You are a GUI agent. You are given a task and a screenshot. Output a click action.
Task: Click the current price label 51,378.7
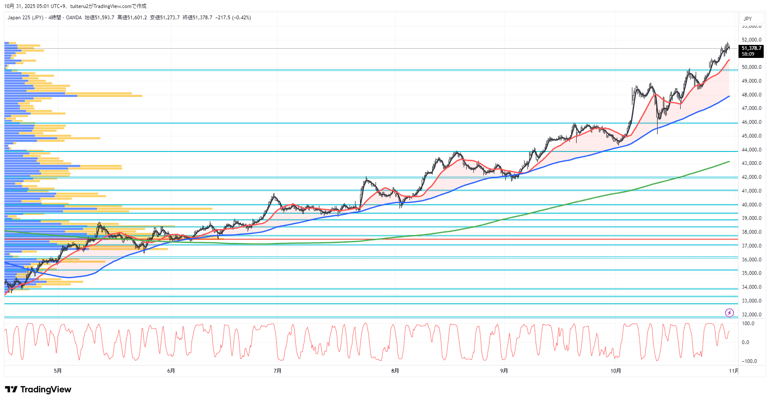pyautogui.click(x=751, y=48)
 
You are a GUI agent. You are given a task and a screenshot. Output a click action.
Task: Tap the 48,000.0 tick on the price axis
pyautogui.click(x=751, y=95)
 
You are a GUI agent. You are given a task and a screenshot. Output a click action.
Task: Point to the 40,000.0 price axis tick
pyautogui.click(x=751, y=205)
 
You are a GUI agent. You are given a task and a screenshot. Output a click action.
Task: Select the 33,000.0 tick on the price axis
pyautogui.click(x=751, y=301)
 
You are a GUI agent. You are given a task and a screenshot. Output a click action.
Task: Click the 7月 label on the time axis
pyautogui.click(x=277, y=371)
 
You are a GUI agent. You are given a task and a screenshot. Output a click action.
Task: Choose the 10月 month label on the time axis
pyautogui.click(x=616, y=371)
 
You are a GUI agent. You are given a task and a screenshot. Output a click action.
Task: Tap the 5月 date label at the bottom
pyautogui.click(x=58, y=371)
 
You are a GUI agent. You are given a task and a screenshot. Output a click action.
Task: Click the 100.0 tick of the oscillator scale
pyautogui.click(x=748, y=324)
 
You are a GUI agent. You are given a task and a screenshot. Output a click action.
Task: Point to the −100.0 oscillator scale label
pyautogui.click(x=749, y=361)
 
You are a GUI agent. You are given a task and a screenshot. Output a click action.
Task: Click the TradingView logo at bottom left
pyautogui.click(x=38, y=389)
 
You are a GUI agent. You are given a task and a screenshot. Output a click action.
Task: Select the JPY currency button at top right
pyautogui.click(x=748, y=19)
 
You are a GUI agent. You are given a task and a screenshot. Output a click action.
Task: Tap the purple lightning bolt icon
pyautogui.click(x=729, y=313)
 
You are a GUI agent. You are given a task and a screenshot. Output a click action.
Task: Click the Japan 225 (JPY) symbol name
pyautogui.click(x=25, y=18)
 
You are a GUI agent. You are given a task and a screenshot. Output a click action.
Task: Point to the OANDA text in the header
pyautogui.click(x=74, y=18)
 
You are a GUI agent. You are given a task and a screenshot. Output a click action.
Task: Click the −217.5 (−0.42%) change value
pyautogui.click(x=233, y=18)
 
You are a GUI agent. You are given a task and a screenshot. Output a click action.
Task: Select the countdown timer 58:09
pyautogui.click(x=748, y=54)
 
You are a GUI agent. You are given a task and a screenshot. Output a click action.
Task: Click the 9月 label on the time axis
pyautogui.click(x=504, y=371)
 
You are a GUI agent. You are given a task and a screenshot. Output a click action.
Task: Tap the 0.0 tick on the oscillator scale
pyautogui.click(x=745, y=342)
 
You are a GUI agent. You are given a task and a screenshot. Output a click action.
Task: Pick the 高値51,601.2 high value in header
pyautogui.click(x=132, y=18)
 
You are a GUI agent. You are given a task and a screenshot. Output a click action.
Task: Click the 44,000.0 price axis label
pyautogui.click(x=751, y=150)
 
